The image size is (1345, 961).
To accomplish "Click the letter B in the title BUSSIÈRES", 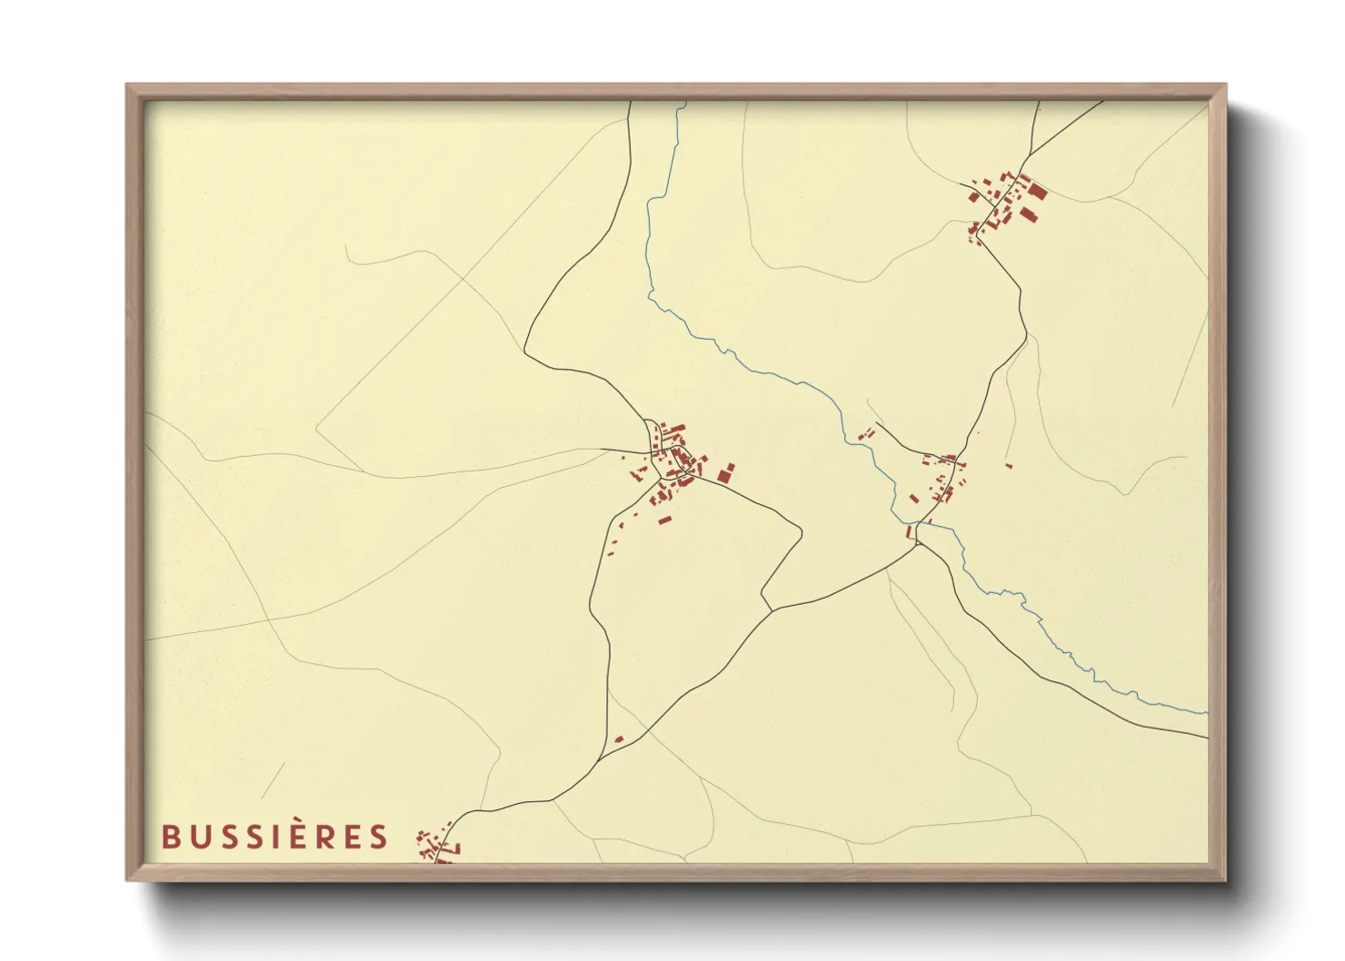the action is click(169, 837).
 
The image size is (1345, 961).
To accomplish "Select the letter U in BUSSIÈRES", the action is click(196, 837).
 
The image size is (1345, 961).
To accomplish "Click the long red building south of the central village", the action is click(664, 520).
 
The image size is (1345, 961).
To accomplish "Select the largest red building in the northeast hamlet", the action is click(1038, 191).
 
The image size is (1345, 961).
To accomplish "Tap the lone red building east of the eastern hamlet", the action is click(1009, 466).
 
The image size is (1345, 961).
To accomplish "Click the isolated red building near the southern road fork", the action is click(619, 739).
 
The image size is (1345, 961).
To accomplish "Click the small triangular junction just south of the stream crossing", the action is click(919, 543).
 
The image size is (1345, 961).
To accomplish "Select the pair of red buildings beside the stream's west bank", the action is click(866, 433).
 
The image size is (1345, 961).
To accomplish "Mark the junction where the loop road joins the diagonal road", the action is click(771, 609).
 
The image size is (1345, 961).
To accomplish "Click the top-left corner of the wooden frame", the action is click(126, 84).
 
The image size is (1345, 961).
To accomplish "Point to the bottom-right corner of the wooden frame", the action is click(1225, 880).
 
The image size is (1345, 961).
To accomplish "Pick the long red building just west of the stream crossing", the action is click(908, 531).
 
